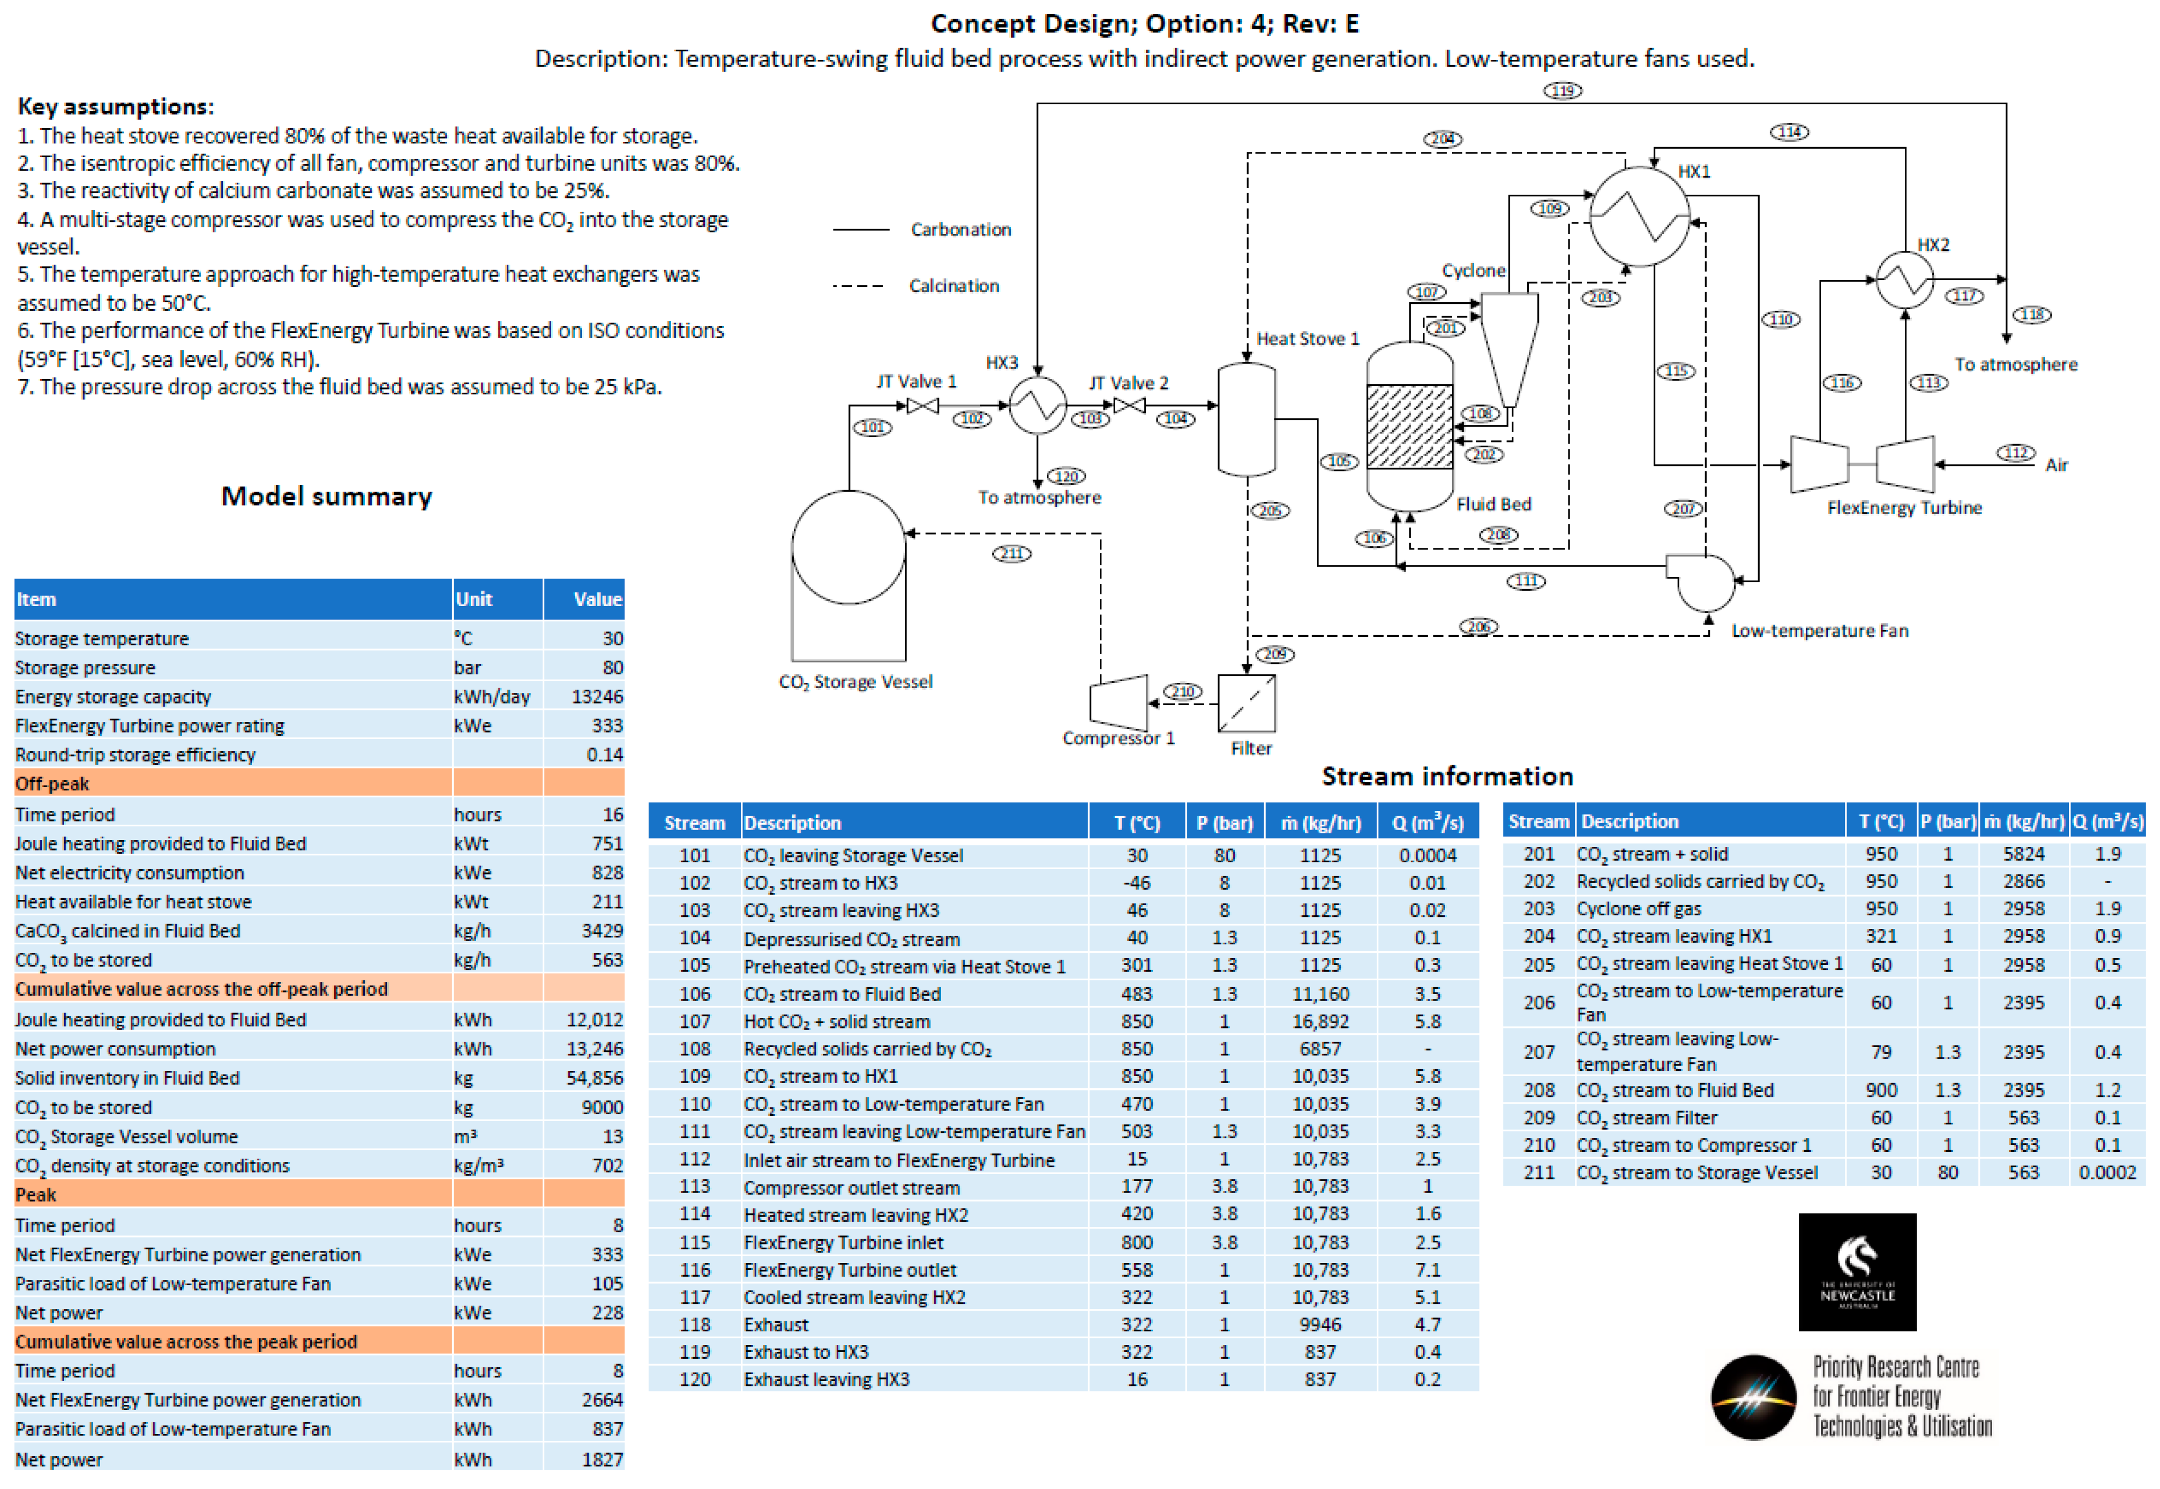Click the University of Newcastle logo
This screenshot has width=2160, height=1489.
[1856, 1271]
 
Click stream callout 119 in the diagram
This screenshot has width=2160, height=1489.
[1562, 91]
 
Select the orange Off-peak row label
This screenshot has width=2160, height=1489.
[52, 784]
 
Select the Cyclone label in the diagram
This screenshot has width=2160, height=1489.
[1473, 270]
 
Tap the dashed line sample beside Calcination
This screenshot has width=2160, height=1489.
[857, 285]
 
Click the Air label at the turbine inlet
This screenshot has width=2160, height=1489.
[2056, 465]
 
